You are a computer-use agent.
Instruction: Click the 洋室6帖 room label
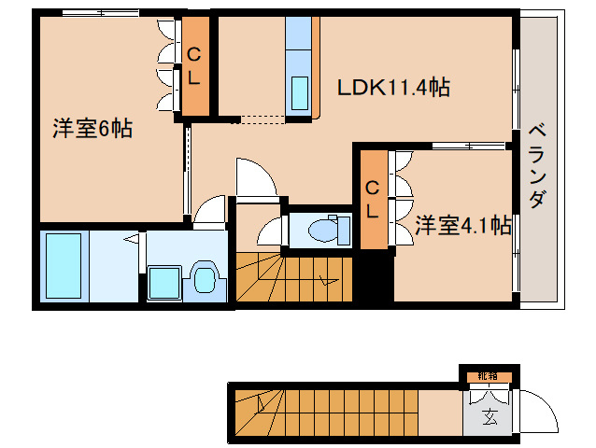[91, 130]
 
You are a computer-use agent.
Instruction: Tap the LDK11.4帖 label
[393, 89]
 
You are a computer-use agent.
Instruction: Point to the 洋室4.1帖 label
[462, 225]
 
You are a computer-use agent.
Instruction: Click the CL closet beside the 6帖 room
[193, 66]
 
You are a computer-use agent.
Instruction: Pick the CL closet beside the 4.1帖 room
[372, 198]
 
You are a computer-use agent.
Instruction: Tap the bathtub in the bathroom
[64, 263]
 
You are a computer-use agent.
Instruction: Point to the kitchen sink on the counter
[301, 94]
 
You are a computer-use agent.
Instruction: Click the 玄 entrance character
[489, 416]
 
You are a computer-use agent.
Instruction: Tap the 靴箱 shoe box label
[489, 376]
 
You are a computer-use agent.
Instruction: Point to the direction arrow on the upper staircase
[328, 278]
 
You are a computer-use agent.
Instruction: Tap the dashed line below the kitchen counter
[262, 119]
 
